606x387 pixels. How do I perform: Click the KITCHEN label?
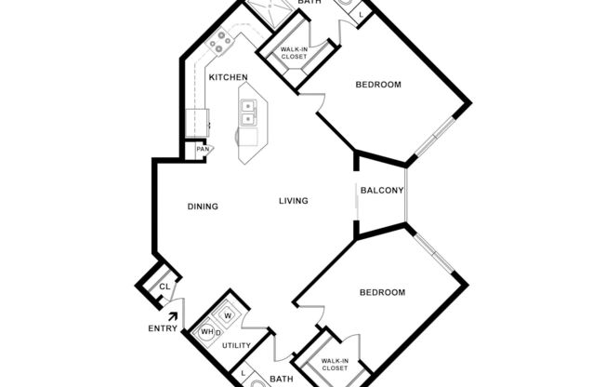coord(227,76)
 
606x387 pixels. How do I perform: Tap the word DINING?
coord(203,207)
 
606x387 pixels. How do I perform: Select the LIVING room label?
coord(293,201)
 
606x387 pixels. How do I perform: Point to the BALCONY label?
coord(381,192)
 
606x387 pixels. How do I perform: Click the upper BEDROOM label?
coord(378,85)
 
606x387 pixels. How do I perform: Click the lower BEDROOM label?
coord(383,292)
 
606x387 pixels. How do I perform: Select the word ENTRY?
coord(162,328)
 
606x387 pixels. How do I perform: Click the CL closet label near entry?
coord(165,287)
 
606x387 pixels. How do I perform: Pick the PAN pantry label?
coord(202,149)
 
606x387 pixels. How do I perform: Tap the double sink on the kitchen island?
coord(248,113)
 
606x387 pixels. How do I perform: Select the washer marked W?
coord(227,315)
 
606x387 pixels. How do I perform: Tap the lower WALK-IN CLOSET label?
coord(334,364)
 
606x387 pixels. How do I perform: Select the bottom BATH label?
coord(281,379)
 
